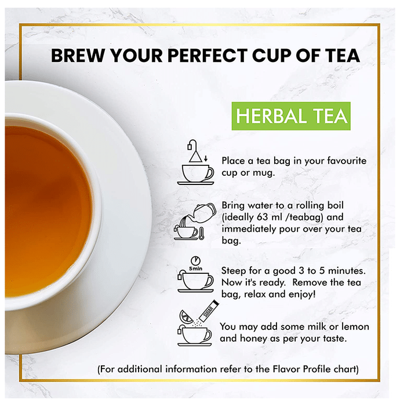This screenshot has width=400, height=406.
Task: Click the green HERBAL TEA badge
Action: coord(291,116)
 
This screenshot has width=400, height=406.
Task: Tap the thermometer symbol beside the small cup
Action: coord(201,233)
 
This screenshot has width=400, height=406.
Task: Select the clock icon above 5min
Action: coord(195,260)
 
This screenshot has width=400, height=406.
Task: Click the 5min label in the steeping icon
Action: coord(195,269)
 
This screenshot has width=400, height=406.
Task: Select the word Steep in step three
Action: coord(234,271)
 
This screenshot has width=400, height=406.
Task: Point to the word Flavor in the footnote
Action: coord(286,369)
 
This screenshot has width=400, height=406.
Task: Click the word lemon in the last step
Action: coord(355,327)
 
